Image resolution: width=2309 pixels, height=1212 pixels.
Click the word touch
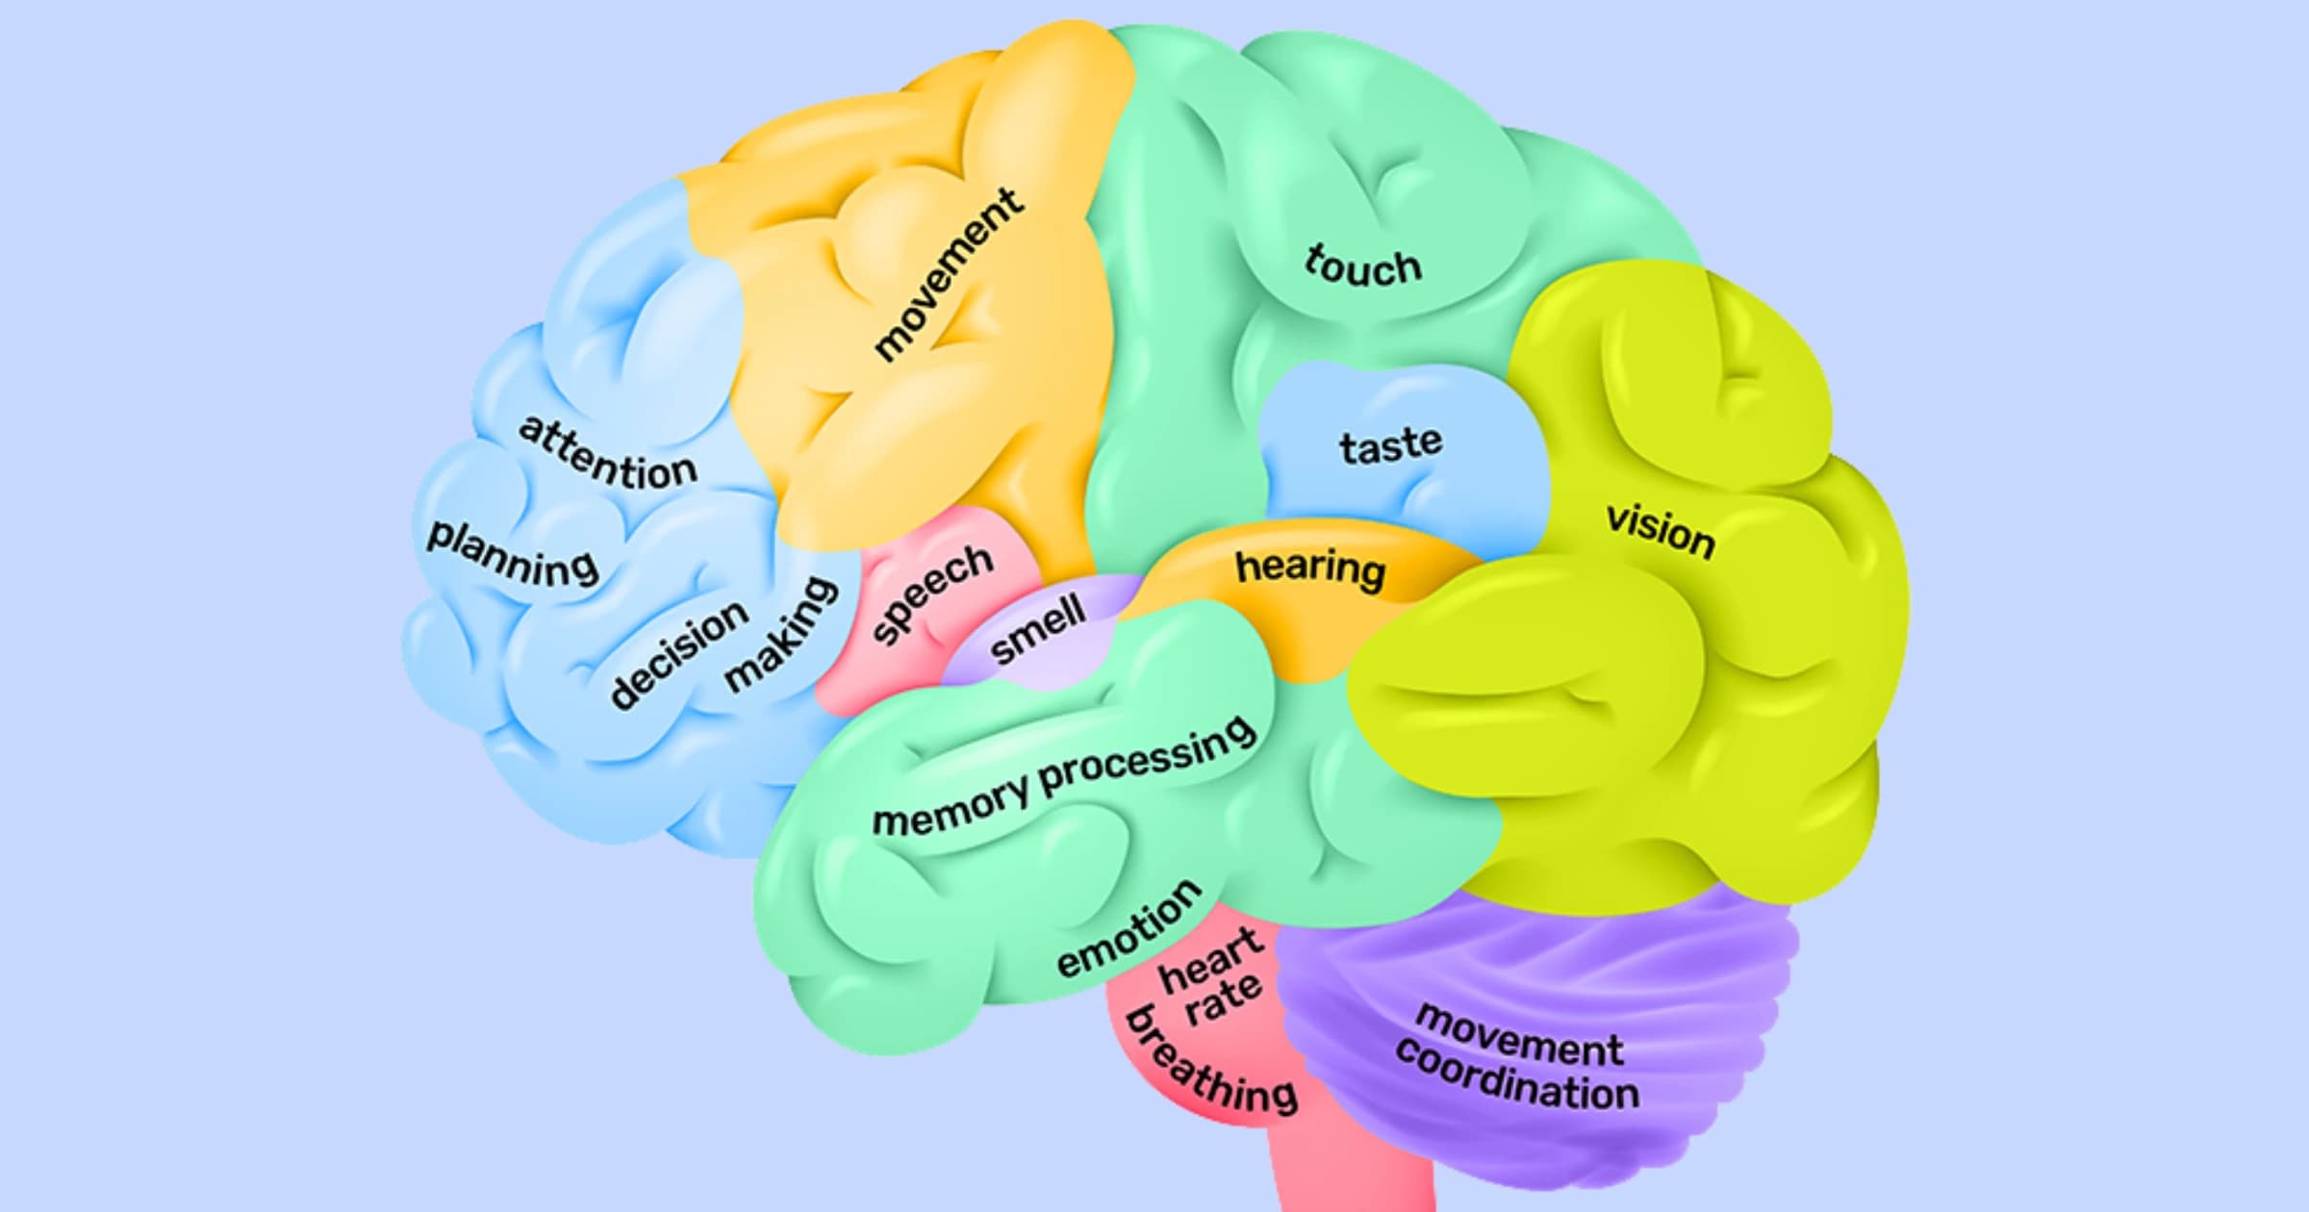tap(1362, 265)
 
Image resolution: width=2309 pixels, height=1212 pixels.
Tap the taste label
tap(1391, 445)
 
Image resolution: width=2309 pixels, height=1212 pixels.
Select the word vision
tap(1661, 531)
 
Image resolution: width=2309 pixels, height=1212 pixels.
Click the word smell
tap(1037, 629)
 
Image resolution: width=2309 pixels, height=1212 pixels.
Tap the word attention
tap(608, 454)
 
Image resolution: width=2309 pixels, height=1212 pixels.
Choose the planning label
tap(513, 555)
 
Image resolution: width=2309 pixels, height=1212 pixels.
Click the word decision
tap(679, 654)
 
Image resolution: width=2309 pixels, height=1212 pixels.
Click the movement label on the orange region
tap(947, 275)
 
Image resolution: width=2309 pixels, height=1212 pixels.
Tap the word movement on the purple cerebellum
tap(1520, 1035)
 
